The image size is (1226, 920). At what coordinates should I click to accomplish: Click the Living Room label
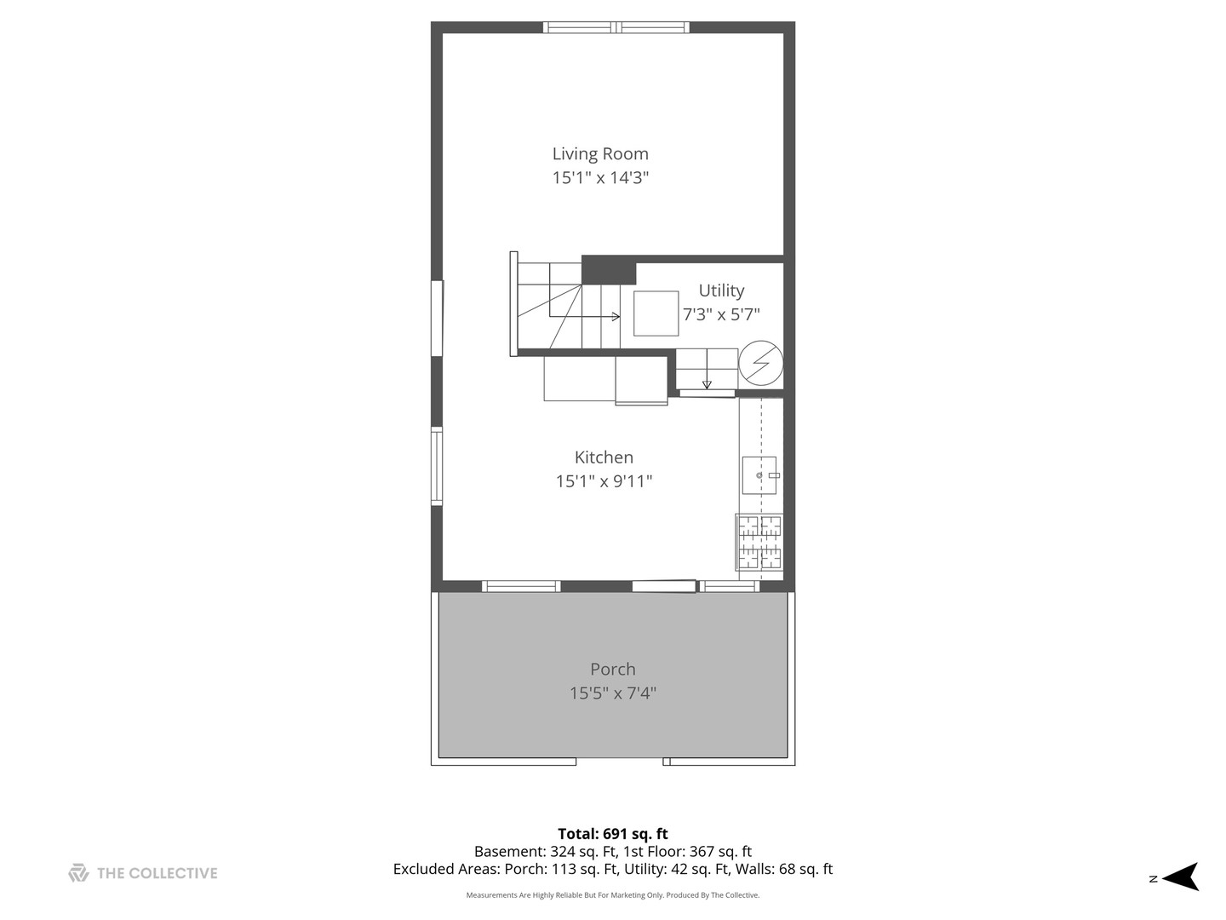coord(600,153)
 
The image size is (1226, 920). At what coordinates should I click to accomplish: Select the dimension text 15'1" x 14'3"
coord(600,178)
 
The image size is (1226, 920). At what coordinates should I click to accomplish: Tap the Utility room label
coord(721,291)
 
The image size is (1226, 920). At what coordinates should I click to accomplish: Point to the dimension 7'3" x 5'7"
coord(721,314)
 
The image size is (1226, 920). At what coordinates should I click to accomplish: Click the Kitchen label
coord(604,457)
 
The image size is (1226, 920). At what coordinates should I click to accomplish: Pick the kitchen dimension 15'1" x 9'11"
coord(604,481)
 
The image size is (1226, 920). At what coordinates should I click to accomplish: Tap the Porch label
coord(613,670)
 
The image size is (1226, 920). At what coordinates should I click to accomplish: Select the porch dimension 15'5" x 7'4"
coord(613,693)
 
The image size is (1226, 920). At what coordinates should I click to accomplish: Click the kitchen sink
coord(759,475)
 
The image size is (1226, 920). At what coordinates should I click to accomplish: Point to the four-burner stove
coord(759,542)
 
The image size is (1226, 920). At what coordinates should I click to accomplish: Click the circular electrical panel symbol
coord(761,363)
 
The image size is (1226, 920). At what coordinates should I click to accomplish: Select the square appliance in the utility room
coord(656,313)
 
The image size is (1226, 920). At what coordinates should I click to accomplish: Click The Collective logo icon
coord(78,873)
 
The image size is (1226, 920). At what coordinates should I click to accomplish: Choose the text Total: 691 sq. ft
coord(613,834)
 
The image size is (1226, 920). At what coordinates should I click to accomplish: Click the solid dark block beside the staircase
coord(608,270)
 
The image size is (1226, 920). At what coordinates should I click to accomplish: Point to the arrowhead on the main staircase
coord(616,317)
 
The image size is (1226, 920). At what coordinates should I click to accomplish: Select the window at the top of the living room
coord(616,27)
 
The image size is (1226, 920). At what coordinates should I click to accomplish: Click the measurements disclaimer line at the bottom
coord(613,894)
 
